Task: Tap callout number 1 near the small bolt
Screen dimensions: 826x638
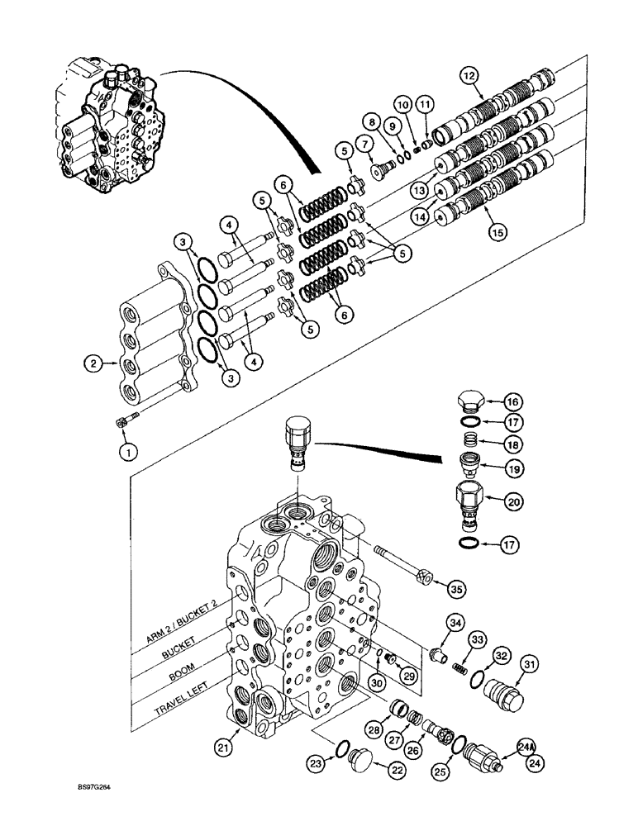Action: [x=127, y=452]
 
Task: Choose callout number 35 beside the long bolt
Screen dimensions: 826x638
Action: [x=455, y=589]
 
